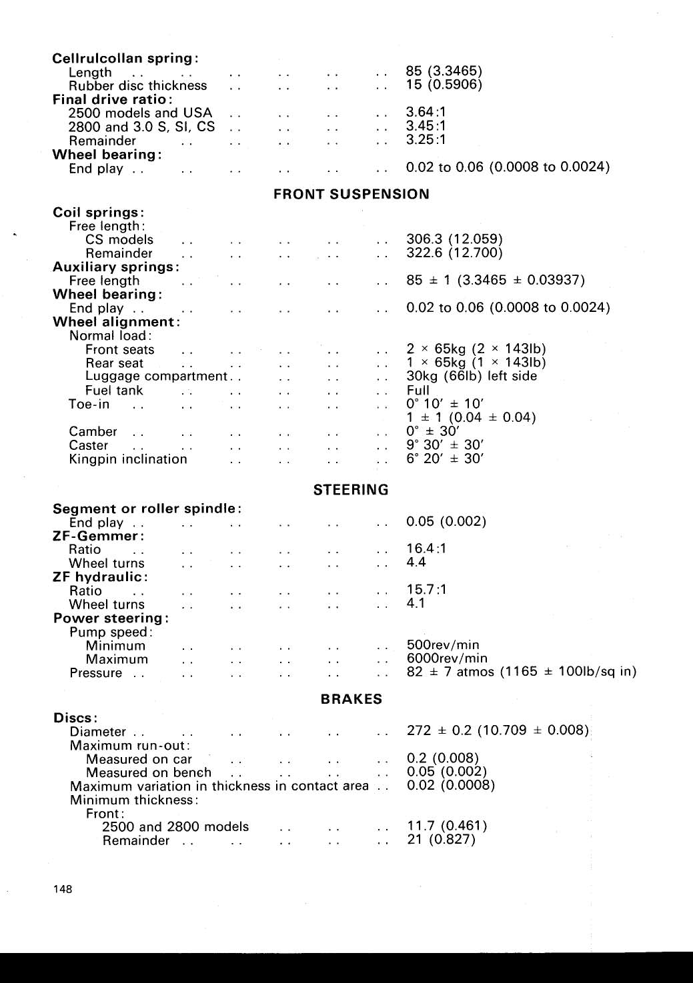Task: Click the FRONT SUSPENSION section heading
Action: click(351, 195)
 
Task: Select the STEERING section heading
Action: click(351, 490)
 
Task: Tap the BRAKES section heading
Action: click(351, 699)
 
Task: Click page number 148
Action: click(63, 889)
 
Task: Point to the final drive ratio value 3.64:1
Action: click(426, 112)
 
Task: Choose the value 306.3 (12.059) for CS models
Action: click(454, 239)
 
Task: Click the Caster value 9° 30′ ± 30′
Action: click(445, 445)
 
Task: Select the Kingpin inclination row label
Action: click(128, 459)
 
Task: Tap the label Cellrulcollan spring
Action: click(125, 59)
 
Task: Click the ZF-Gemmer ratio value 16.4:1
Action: click(427, 548)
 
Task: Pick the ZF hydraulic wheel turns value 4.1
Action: click(416, 603)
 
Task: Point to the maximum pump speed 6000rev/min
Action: click(447, 658)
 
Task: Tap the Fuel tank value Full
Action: click(418, 391)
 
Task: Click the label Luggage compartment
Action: click(157, 377)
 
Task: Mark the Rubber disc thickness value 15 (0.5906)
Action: click(444, 85)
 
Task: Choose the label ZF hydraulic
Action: click(100, 577)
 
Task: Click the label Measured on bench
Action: click(149, 773)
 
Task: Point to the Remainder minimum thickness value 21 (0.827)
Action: click(441, 840)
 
